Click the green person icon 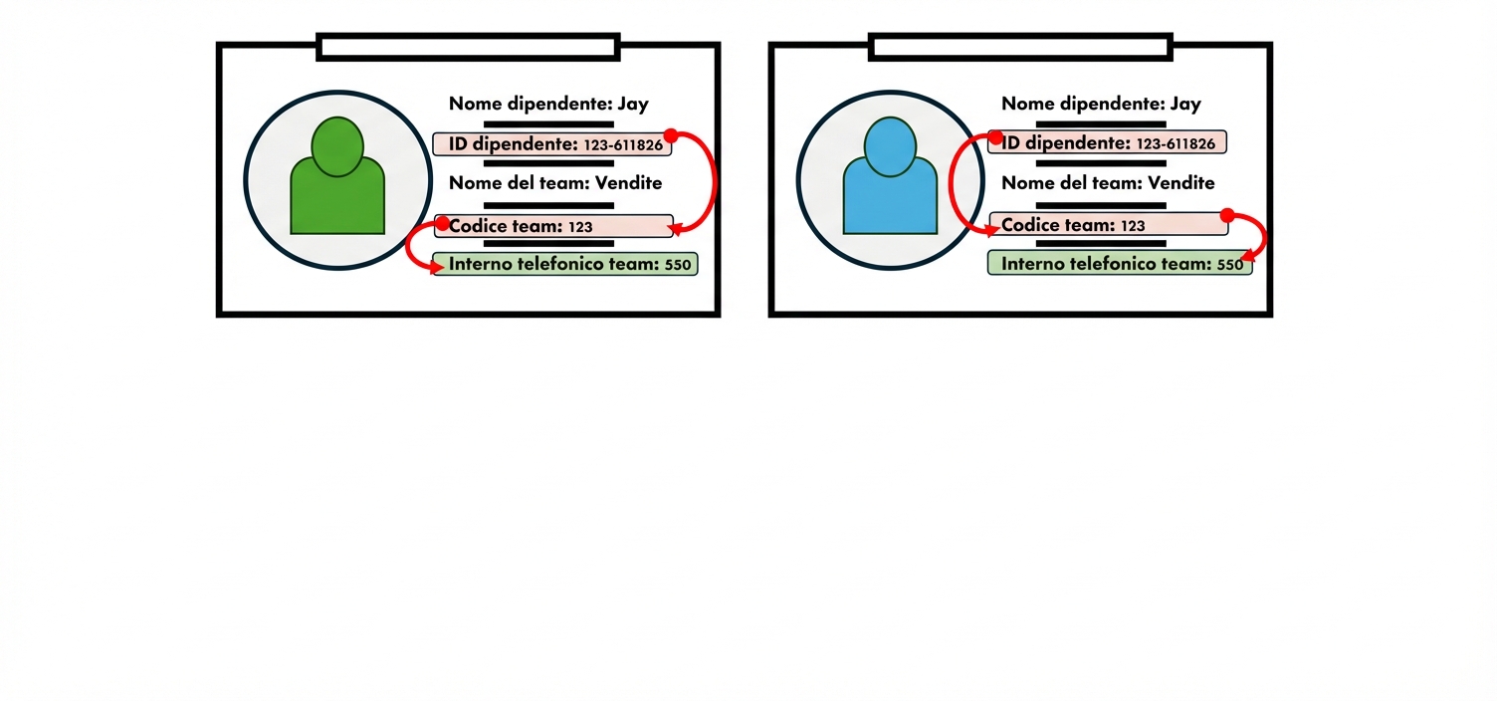(x=337, y=184)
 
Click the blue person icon (x=890, y=184)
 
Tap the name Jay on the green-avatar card (x=633, y=104)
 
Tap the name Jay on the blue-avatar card (x=1185, y=104)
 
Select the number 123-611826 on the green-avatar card (x=623, y=145)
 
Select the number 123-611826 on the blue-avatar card (x=1176, y=144)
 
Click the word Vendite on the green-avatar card (x=628, y=182)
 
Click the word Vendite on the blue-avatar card (x=1181, y=183)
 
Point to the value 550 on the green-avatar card (x=678, y=265)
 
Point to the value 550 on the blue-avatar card (x=1230, y=265)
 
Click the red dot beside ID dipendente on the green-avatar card (x=671, y=135)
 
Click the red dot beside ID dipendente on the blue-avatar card (x=996, y=137)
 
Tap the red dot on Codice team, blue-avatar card (x=1227, y=215)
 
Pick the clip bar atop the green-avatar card (x=468, y=46)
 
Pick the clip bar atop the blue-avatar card (x=1020, y=46)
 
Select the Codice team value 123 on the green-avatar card (x=580, y=227)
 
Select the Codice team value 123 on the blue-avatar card (x=1133, y=226)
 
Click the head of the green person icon (x=337, y=146)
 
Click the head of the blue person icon (x=890, y=146)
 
